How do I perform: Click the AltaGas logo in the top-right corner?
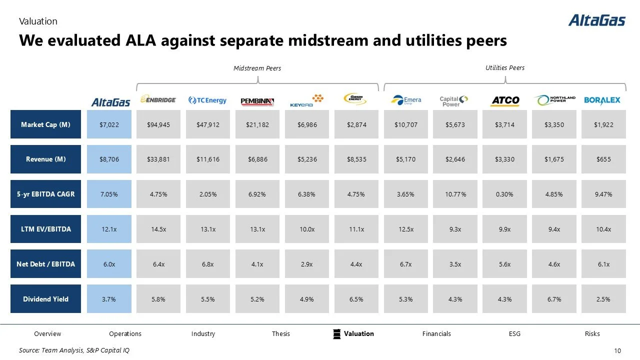[x=596, y=20]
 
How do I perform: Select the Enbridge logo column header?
[x=158, y=100]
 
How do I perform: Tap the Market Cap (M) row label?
[x=45, y=124]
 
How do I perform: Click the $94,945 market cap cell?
[x=158, y=124]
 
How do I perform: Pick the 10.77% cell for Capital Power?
[x=455, y=194]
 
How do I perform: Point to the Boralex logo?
[x=602, y=100]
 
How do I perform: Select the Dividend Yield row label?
[x=45, y=299]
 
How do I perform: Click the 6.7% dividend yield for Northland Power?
[x=554, y=299]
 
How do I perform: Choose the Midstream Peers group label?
[x=257, y=68]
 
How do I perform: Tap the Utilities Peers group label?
[x=505, y=67]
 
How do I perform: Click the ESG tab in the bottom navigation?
[x=514, y=333]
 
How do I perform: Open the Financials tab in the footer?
[x=436, y=333]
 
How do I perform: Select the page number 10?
[x=616, y=350]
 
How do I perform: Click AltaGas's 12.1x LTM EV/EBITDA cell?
[x=109, y=229]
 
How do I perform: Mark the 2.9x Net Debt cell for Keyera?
[x=306, y=264]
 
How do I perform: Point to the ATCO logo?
[x=505, y=100]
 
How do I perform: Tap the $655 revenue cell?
[x=603, y=159]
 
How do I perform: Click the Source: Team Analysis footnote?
[x=74, y=350]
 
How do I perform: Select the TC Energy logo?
[x=207, y=100]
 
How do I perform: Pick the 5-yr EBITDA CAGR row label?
[x=45, y=194]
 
